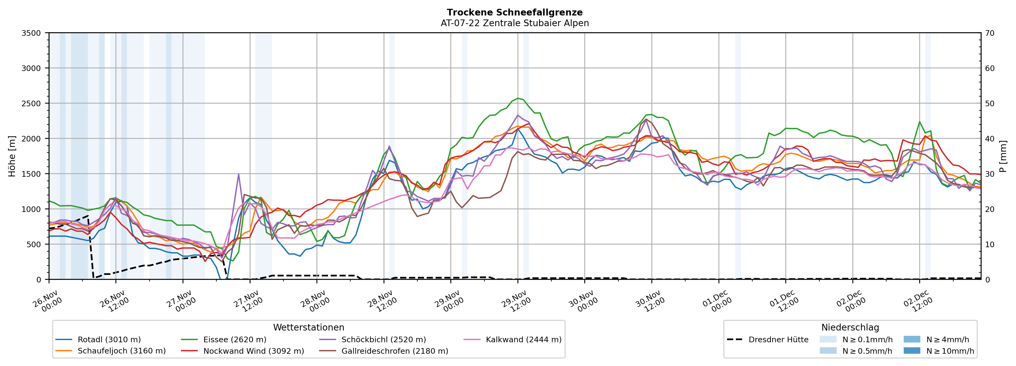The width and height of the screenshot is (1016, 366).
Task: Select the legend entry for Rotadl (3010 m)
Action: pyautogui.click(x=109, y=340)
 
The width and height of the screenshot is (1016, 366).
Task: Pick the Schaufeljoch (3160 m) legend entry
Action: pyautogui.click(x=121, y=351)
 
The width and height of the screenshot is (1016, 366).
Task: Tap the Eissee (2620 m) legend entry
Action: pyautogui.click(x=235, y=340)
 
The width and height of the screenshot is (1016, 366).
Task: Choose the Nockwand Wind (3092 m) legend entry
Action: pyautogui.click(x=254, y=351)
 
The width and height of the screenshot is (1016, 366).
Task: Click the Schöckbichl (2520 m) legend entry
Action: pyautogui.click(x=383, y=340)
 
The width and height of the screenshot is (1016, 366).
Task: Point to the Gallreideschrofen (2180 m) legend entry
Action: pyautogui.click(x=395, y=351)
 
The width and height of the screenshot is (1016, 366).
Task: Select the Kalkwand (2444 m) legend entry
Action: pyautogui.click(x=523, y=340)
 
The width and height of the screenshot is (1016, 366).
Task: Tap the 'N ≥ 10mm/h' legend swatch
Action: pyautogui.click(x=912, y=351)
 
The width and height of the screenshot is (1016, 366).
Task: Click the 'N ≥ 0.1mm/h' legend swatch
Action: pyautogui.click(x=828, y=340)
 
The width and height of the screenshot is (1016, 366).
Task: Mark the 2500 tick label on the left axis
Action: pyautogui.click(x=31, y=104)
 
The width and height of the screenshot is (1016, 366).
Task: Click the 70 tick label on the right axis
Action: pyautogui.click(x=990, y=33)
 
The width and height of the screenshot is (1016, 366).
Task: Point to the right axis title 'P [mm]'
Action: pyautogui.click(x=1003, y=156)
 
